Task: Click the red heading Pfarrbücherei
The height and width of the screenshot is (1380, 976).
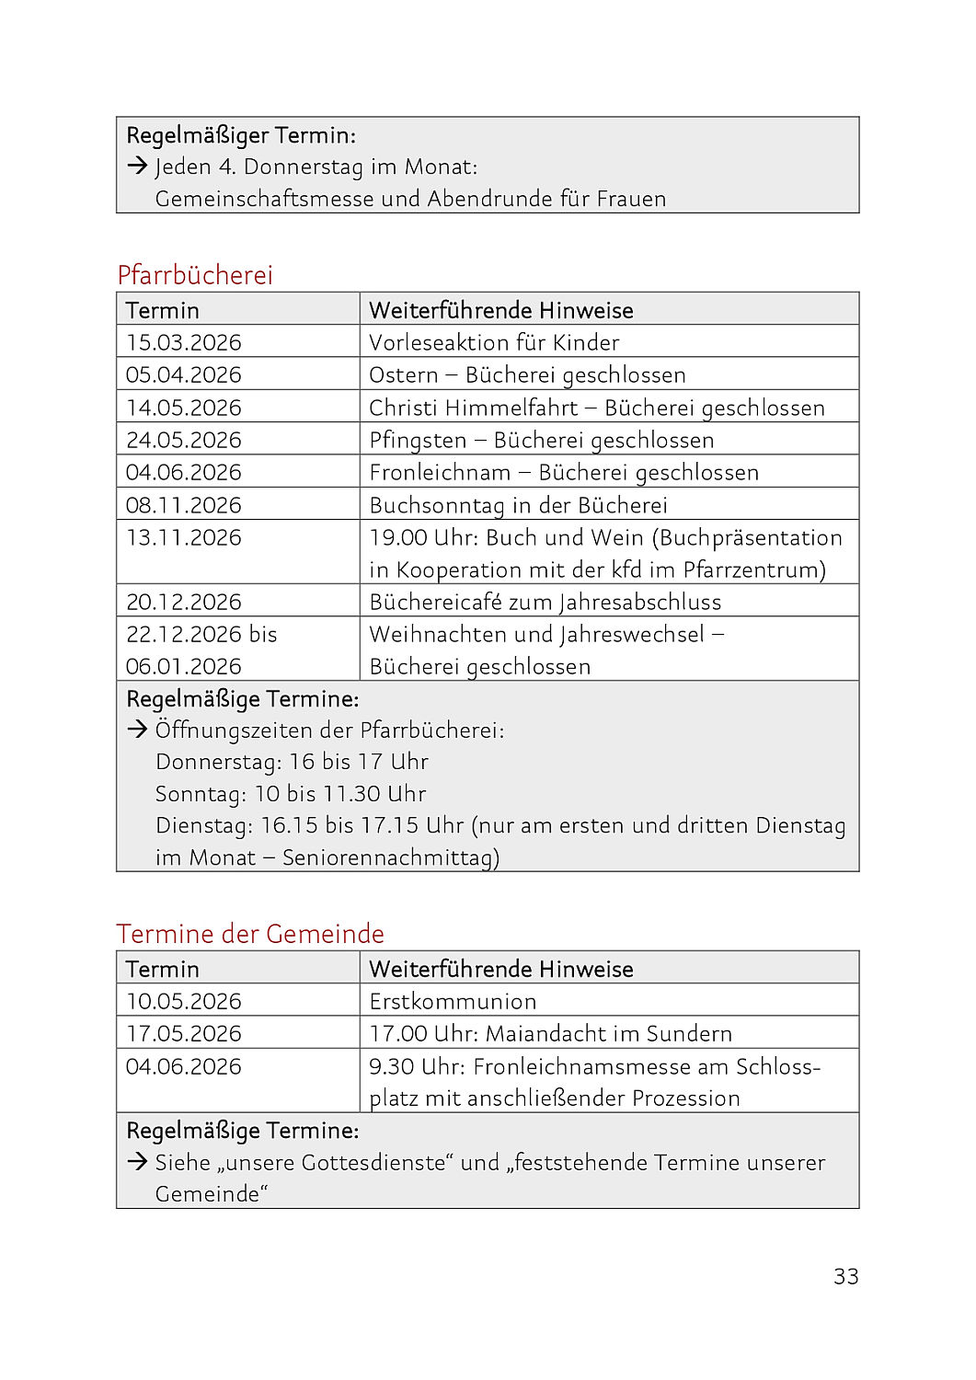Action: click(x=195, y=275)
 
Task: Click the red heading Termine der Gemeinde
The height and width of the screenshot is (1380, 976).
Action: click(x=250, y=934)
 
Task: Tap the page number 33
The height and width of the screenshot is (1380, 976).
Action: click(x=845, y=1276)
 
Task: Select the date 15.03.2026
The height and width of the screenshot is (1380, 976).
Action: click(x=184, y=342)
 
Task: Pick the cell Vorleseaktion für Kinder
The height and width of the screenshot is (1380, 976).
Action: click(x=494, y=342)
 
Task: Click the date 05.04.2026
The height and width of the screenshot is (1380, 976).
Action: click(x=184, y=374)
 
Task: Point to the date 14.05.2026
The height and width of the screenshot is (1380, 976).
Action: click(x=184, y=408)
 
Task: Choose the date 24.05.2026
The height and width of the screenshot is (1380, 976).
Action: click(x=184, y=440)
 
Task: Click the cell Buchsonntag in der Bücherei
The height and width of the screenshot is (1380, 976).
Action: click(x=518, y=505)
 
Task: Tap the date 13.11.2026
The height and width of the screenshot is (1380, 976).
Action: click(x=184, y=537)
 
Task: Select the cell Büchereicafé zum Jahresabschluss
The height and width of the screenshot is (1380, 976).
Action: click(x=545, y=602)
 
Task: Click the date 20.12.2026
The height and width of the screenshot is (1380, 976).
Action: click(x=184, y=602)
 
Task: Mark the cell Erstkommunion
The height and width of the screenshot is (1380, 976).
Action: click(x=453, y=1001)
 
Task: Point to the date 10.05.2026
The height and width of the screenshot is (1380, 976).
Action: click(x=184, y=1001)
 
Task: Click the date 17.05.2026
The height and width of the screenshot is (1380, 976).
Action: click(x=184, y=1033)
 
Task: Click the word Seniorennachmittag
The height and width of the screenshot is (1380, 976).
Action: click(x=390, y=857)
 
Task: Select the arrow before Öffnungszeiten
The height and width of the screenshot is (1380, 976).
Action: click(x=138, y=730)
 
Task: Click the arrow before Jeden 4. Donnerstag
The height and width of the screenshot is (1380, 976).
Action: click(x=138, y=167)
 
